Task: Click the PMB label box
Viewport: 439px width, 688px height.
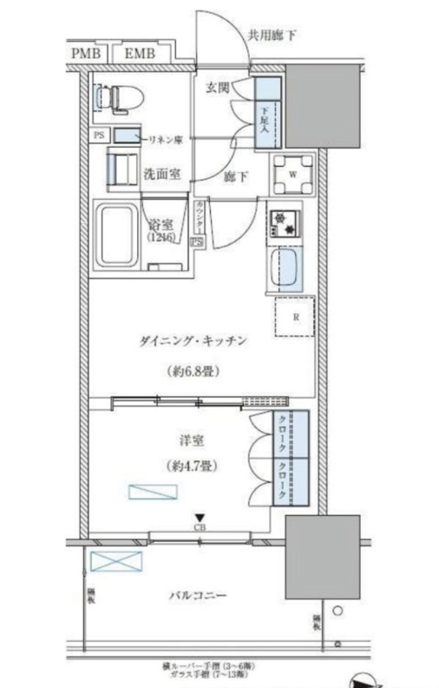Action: (85, 55)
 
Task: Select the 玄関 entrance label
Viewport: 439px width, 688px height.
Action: (216, 88)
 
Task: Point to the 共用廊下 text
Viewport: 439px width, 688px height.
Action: (272, 36)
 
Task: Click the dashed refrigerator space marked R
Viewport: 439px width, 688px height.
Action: (295, 317)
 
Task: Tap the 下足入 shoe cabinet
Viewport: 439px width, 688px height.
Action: (267, 113)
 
